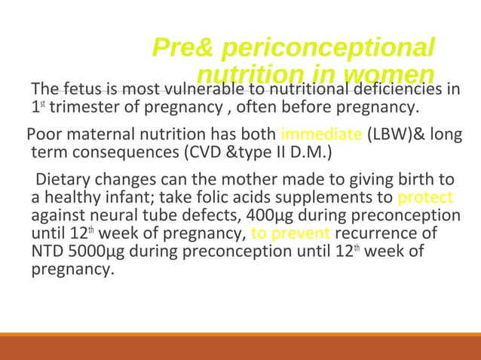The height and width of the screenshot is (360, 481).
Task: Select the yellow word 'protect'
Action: (x=424, y=199)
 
